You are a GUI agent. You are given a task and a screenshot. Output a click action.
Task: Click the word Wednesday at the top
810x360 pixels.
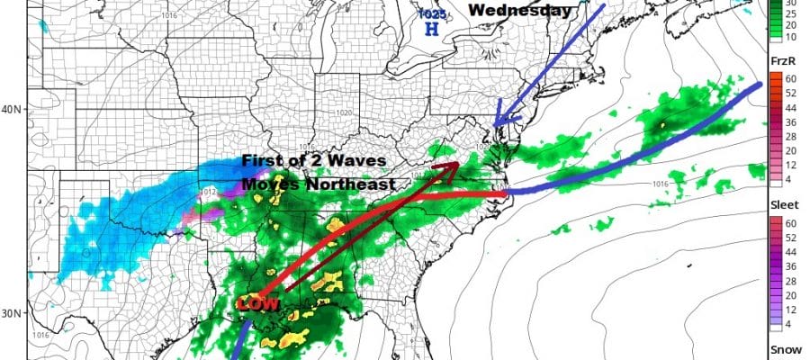519,11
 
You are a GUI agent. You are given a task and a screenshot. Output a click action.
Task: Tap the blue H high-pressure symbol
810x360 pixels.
432,29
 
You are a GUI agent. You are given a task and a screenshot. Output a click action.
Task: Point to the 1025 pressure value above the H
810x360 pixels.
431,14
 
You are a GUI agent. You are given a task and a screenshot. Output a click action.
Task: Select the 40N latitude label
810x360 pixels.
12,110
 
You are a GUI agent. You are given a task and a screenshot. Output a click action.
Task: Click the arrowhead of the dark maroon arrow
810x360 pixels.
451,165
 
